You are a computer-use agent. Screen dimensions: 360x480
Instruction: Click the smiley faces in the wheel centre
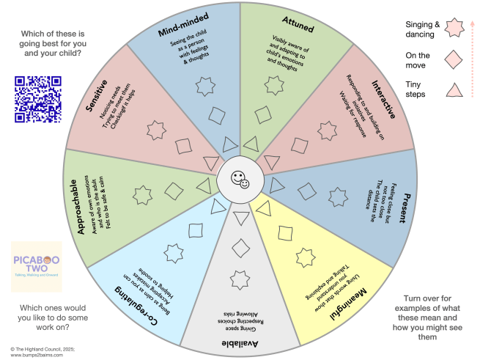(240, 178)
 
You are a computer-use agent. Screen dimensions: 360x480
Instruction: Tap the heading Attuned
(296, 25)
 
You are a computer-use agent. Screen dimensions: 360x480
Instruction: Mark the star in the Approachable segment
(142, 196)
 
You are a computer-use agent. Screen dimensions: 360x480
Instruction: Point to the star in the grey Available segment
(239, 280)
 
